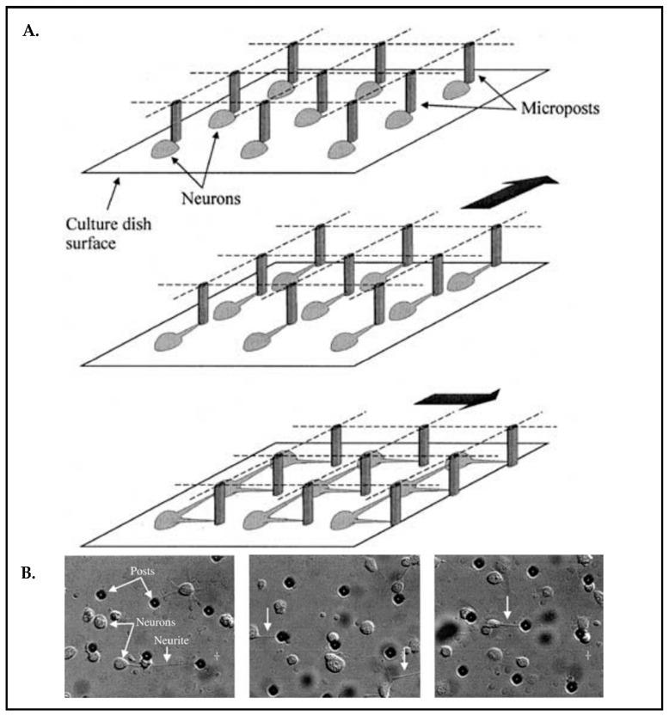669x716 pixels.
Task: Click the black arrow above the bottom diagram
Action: click(x=455, y=398)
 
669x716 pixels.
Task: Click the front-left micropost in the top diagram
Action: click(x=176, y=121)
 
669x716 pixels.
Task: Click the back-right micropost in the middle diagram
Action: click(x=496, y=246)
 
